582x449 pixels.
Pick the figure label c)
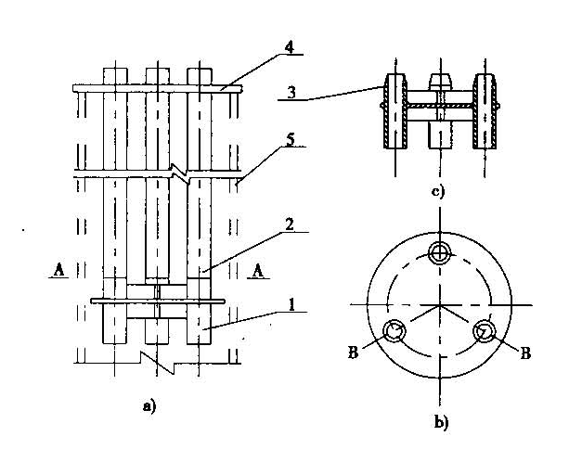point(437,192)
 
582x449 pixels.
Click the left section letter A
point(57,271)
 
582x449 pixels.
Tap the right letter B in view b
point(524,353)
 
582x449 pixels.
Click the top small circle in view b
point(439,252)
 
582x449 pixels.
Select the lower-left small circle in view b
point(394,330)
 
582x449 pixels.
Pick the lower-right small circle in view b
point(484,330)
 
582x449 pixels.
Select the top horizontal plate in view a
point(157,88)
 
